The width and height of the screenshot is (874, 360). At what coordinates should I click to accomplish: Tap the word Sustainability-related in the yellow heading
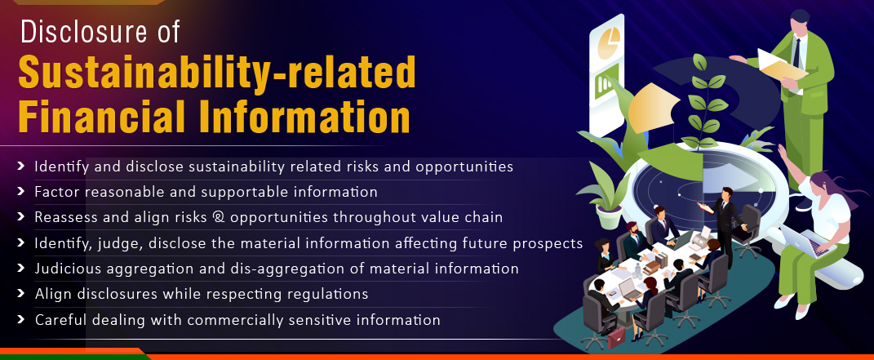pyautogui.click(x=217, y=73)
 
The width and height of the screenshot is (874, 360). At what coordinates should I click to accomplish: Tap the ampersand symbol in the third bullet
pyautogui.click(x=218, y=217)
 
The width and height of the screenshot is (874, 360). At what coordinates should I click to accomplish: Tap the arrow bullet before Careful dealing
pyautogui.click(x=21, y=319)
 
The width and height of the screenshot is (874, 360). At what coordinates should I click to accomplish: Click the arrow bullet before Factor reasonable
pyautogui.click(x=21, y=191)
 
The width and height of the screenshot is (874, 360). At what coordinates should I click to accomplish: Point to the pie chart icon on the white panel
pyautogui.click(x=609, y=42)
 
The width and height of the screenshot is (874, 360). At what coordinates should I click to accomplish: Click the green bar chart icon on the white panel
pyautogui.click(x=606, y=82)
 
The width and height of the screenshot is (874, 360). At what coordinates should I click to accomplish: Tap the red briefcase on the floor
pyautogui.click(x=616, y=337)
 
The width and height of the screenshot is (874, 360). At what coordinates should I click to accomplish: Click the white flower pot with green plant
pyautogui.click(x=608, y=216)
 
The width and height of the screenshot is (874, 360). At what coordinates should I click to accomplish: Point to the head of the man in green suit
pyautogui.click(x=801, y=21)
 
